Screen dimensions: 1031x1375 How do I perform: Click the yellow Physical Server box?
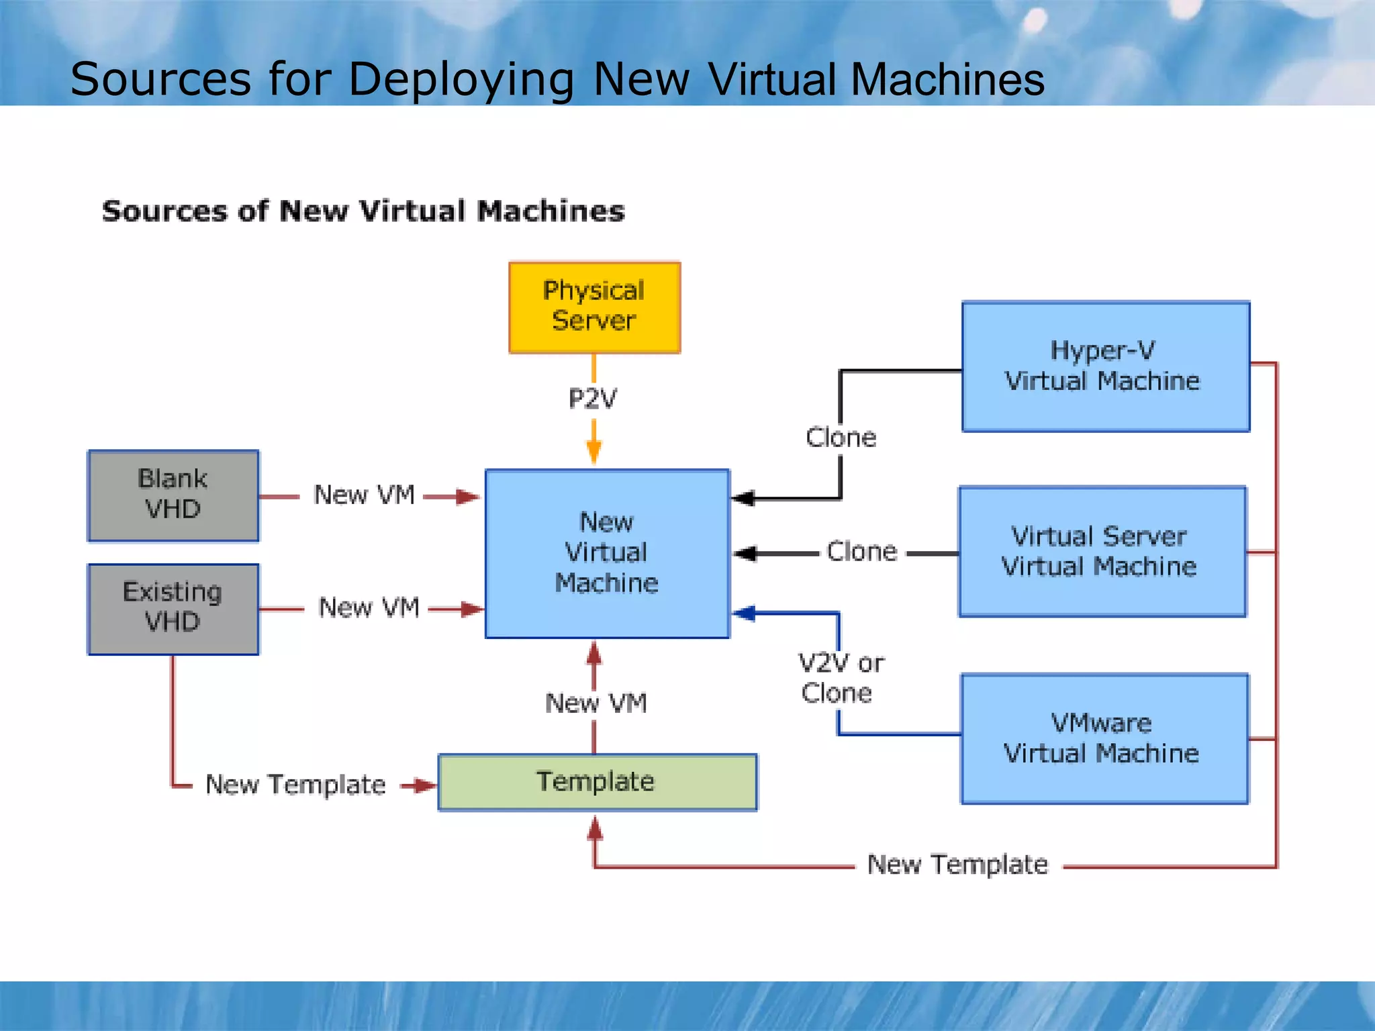[x=594, y=307]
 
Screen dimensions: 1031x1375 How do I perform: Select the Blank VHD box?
[x=173, y=495]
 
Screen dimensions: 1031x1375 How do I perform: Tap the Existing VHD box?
[x=173, y=609]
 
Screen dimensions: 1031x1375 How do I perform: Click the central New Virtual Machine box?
[x=607, y=553]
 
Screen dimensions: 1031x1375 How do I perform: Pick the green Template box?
[x=597, y=782]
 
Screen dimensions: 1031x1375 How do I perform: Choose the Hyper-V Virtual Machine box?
[x=1105, y=366]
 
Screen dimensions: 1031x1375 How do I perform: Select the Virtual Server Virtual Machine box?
[x=1102, y=552]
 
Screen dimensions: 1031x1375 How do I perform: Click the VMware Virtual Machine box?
[x=1104, y=738]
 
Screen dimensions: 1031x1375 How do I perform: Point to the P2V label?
[x=593, y=399]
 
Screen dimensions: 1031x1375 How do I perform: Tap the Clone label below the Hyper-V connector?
[x=841, y=438]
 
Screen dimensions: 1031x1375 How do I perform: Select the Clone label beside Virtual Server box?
[x=862, y=552]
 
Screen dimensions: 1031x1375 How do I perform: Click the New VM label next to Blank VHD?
[x=364, y=495]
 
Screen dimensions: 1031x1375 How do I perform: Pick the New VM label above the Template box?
[x=596, y=703]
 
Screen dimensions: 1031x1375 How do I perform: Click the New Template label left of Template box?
[x=295, y=785]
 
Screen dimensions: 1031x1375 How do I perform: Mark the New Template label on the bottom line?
[x=957, y=865]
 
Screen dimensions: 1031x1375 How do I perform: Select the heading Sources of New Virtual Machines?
[x=363, y=211]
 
